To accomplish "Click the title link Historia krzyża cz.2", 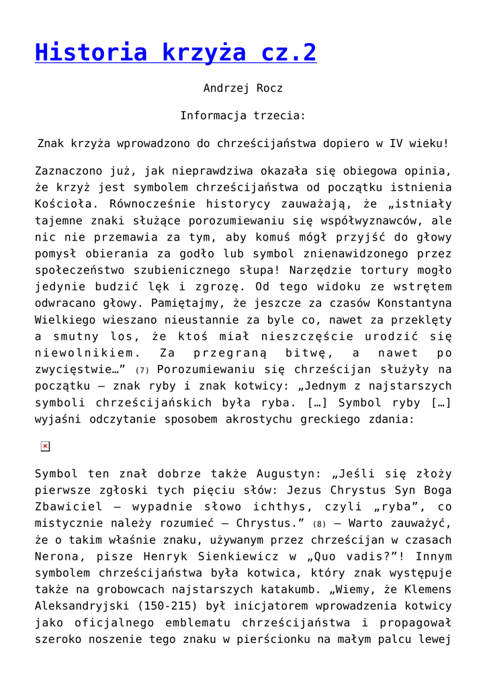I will pos(175,52).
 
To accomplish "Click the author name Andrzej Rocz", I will pos(242,88).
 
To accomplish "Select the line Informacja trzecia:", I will pos(242,116).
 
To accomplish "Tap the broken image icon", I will pos(45,446).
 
